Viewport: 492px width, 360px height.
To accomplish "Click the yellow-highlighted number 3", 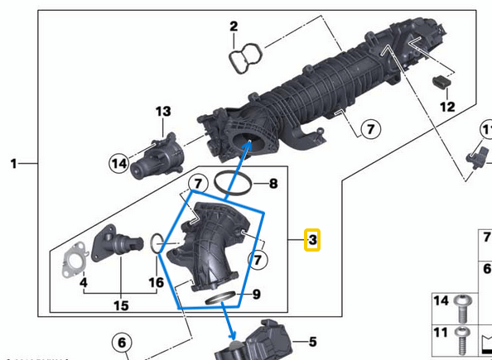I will [x=312, y=241].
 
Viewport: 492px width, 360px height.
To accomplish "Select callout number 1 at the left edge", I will [x=13, y=165].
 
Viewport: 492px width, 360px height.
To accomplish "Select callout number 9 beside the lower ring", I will [x=256, y=294].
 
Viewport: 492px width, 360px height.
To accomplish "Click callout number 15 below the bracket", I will [x=121, y=305].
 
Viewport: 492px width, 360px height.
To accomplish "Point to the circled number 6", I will [x=121, y=343].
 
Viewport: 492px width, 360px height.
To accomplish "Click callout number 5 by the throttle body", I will [x=312, y=341].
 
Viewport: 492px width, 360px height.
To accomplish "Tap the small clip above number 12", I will [x=441, y=81].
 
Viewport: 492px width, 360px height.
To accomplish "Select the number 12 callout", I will [x=447, y=107].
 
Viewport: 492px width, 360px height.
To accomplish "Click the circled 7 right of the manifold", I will [x=369, y=128].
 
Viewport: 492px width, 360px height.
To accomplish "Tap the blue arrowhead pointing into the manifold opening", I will [x=246, y=146].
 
